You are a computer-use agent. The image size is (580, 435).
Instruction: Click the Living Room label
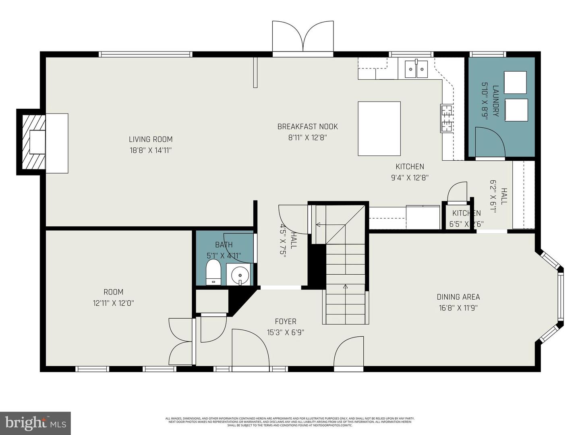[x=151, y=139]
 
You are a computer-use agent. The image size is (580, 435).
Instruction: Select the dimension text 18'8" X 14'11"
[x=151, y=150]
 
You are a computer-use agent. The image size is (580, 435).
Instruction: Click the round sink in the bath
[x=240, y=275]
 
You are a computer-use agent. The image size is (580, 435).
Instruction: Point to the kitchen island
[x=379, y=128]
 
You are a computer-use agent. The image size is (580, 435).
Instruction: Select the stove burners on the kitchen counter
[x=447, y=118]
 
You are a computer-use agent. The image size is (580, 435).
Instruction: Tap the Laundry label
[x=495, y=101]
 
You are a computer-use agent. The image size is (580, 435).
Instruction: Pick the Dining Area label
[x=458, y=297]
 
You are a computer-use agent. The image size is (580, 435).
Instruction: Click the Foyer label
[x=286, y=321]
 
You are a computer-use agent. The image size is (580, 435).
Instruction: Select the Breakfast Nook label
[x=307, y=126]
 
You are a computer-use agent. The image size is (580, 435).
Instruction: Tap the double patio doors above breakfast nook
[x=302, y=37]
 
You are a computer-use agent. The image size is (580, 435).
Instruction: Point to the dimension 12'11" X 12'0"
[x=113, y=303]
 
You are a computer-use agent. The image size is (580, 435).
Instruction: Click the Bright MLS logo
[x=35, y=423]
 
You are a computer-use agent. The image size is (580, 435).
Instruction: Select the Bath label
[x=224, y=244]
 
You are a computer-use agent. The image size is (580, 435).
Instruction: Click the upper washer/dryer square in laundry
[x=515, y=83]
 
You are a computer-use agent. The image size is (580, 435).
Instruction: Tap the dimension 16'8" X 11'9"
[x=458, y=308]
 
